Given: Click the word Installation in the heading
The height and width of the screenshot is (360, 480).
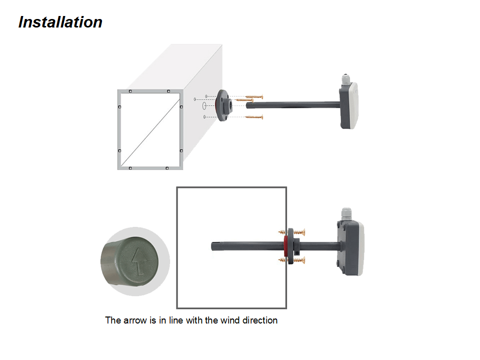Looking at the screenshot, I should [60, 22].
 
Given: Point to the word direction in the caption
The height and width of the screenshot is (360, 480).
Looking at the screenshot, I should [260, 320].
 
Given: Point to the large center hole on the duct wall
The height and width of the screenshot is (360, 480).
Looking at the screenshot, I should [204, 106].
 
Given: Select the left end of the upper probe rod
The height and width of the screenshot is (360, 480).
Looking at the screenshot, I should [248, 105].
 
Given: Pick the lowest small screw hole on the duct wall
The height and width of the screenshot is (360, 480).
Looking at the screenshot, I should [205, 117].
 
